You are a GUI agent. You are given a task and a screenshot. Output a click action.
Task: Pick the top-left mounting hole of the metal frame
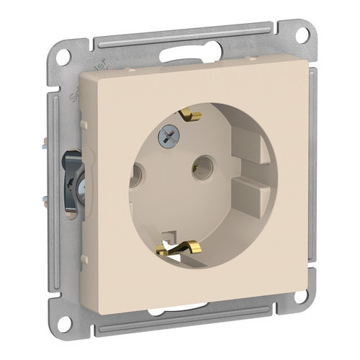(x=63, y=55)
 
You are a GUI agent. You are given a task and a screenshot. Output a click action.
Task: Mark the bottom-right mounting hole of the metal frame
(x=300, y=294)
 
